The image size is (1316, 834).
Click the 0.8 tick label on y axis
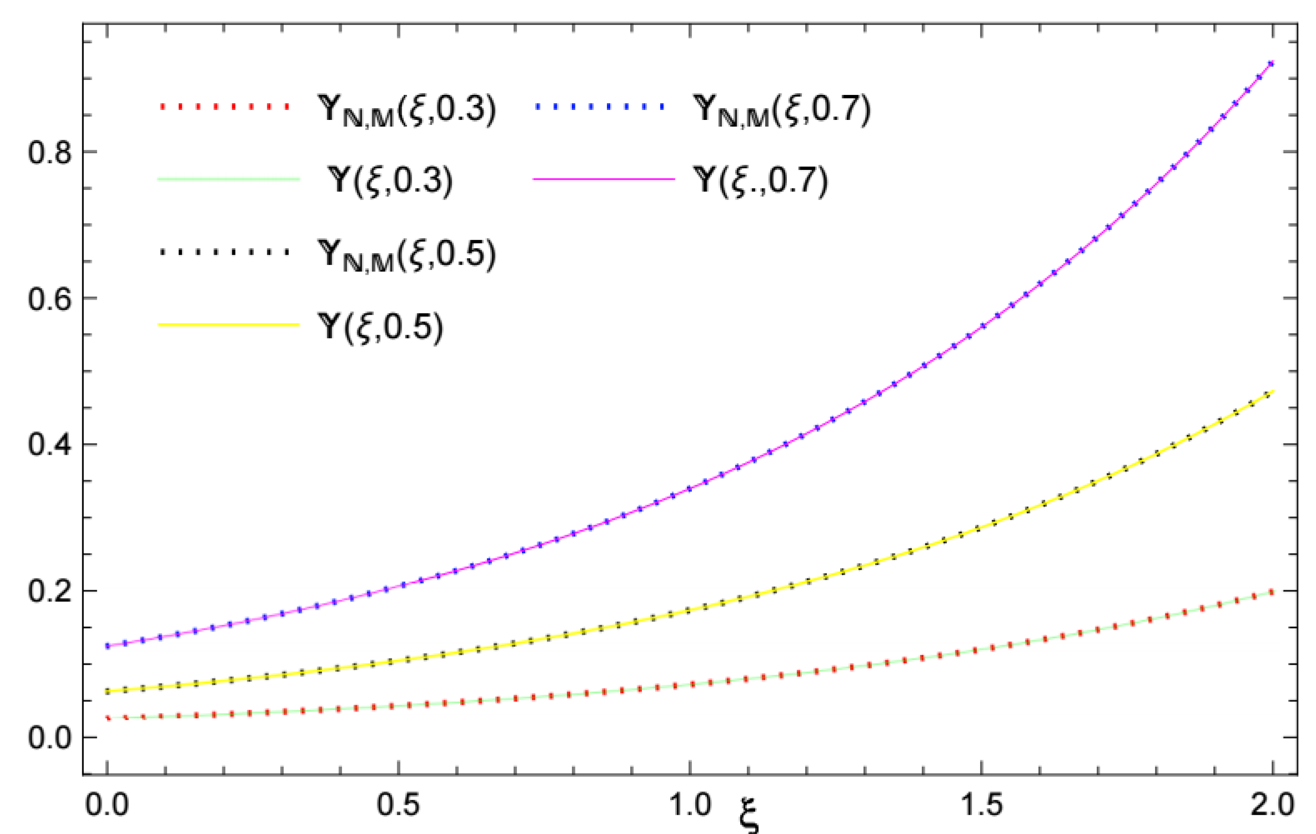(x=49, y=152)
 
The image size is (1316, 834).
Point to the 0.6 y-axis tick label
(x=49, y=298)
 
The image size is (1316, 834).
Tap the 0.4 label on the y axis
(x=49, y=445)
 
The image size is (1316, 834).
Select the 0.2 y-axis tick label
(x=49, y=591)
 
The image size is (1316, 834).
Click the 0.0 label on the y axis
(x=49, y=738)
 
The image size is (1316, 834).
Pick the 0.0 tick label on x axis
(x=107, y=805)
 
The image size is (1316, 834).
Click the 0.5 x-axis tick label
(x=398, y=805)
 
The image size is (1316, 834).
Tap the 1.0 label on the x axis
(x=690, y=805)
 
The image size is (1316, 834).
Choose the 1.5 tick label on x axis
(x=981, y=805)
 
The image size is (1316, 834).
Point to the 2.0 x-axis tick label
(x=1272, y=805)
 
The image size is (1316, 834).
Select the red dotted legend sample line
(x=224, y=106)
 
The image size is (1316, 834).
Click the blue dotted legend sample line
(x=599, y=106)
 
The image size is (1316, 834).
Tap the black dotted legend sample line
(x=224, y=252)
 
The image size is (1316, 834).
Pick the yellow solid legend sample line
(x=229, y=324)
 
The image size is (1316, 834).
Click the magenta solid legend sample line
(x=604, y=179)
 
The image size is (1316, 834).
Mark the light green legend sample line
(x=229, y=179)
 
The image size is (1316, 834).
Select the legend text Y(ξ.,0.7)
(x=761, y=181)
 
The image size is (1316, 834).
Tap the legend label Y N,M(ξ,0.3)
(x=406, y=109)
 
